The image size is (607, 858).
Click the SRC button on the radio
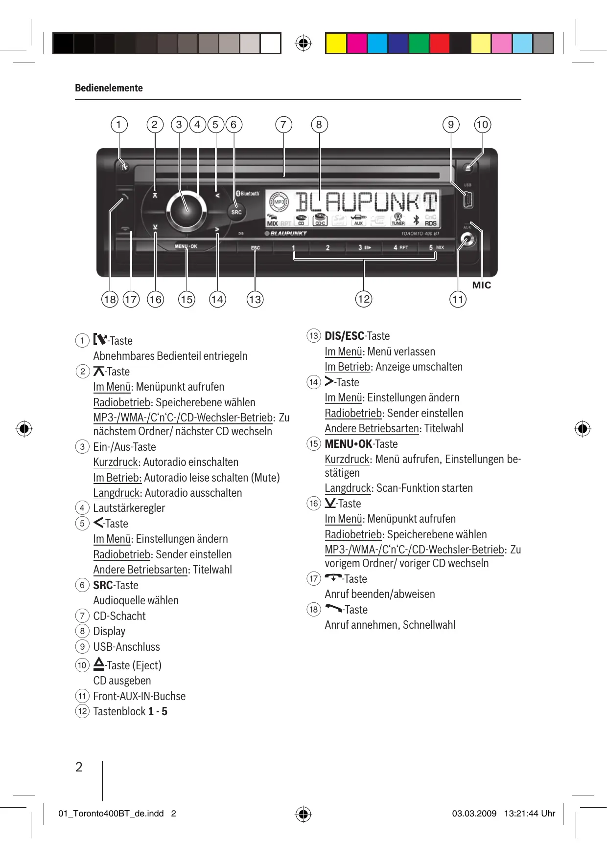point(236,212)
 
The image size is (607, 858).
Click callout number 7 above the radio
point(283,125)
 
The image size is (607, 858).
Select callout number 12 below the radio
point(364,299)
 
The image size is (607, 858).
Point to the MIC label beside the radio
point(481,285)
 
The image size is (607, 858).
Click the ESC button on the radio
point(256,248)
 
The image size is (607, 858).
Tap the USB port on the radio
point(467,200)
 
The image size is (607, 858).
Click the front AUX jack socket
point(467,241)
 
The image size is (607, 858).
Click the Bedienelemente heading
point(109,88)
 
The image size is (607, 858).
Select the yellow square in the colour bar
point(336,44)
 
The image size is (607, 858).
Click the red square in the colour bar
point(440,44)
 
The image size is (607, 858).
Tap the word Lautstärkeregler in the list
point(129,508)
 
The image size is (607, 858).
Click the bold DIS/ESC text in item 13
point(345,336)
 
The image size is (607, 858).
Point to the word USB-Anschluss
point(126,647)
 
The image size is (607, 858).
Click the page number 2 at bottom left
point(79,767)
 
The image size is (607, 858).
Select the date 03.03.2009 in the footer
point(474,814)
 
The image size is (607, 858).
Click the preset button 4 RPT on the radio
point(400,247)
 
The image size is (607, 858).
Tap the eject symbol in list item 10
point(99,664)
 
